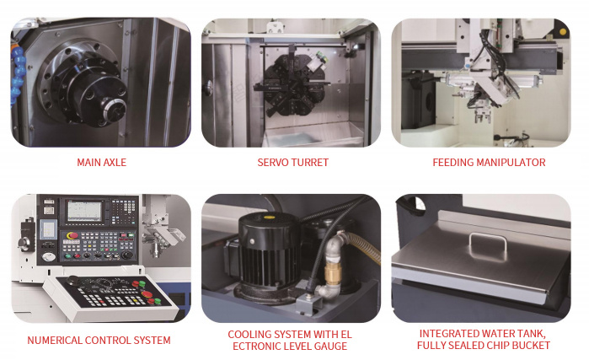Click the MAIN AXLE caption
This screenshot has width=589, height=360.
(101, 163)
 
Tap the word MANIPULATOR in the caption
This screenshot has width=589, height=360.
(511, 163)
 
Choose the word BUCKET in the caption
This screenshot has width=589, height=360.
(531, 346)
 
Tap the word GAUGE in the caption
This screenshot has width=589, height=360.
(330, 347)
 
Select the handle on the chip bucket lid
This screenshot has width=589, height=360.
(488, 245)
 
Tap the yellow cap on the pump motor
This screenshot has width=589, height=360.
(268, 218)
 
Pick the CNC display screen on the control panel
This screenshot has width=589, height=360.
(84, 212)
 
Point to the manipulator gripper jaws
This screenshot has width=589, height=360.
(482, 116)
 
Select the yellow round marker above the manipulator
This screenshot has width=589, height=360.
(563, 31)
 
